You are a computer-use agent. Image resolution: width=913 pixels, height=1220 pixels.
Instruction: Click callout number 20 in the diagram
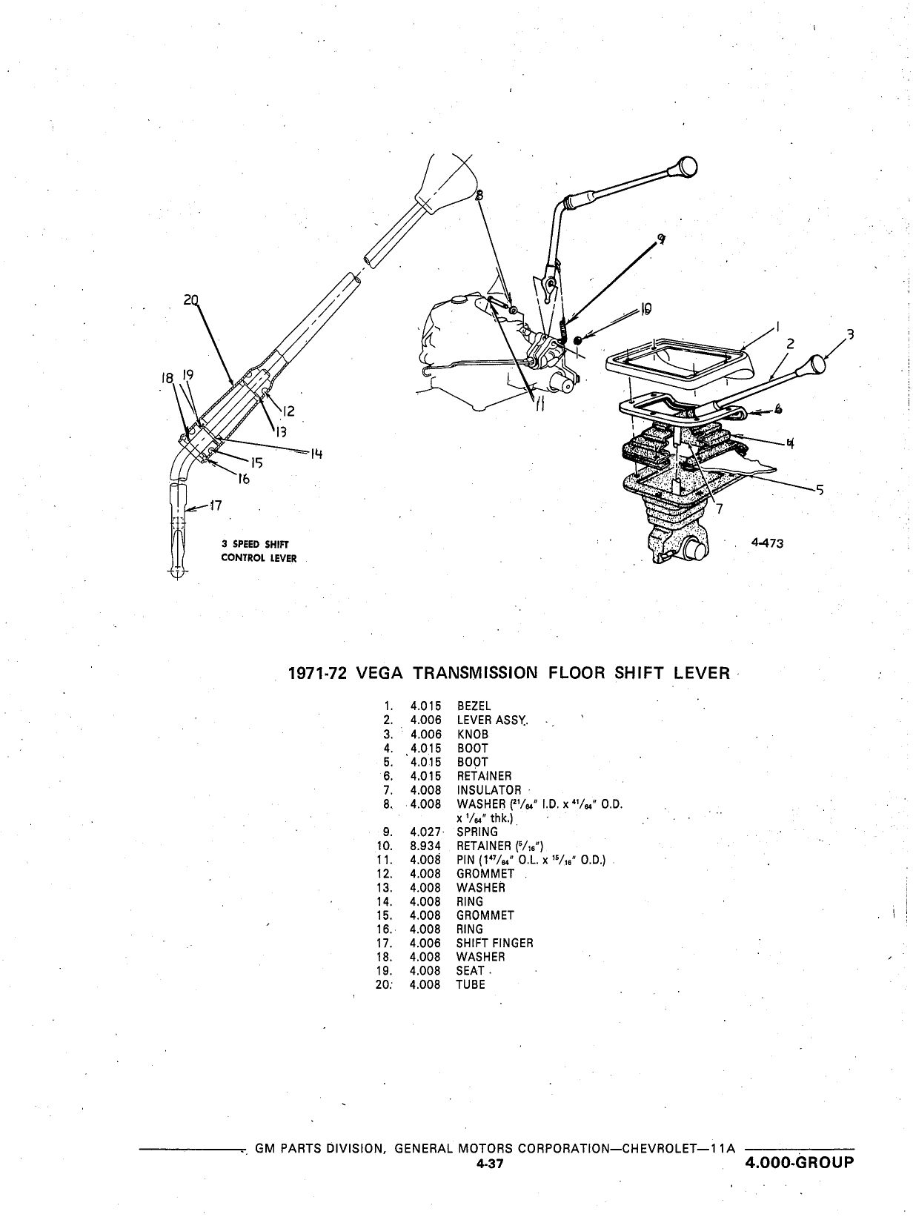pos(190,300)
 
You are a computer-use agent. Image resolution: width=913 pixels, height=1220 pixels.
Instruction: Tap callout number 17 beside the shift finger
pos(215,505)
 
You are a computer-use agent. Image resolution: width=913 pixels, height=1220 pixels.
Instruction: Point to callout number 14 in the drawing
pos(316,454)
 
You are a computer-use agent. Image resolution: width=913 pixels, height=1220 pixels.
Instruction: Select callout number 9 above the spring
pos(661,239)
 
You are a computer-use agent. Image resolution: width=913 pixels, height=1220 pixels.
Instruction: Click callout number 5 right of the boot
pos(820,490)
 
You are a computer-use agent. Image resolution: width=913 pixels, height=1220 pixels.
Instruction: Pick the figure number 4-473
pos(768,543)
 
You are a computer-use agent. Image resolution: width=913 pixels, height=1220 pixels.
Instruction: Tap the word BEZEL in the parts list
pos(474,706)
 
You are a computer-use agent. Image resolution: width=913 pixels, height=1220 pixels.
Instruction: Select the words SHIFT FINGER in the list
pos(494,944)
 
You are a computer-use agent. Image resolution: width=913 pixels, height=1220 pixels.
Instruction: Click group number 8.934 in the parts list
pos(425,846)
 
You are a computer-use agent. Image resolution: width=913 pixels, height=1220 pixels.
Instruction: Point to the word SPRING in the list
pos(477,832)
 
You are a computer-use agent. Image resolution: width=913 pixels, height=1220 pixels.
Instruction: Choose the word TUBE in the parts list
pos(471,985)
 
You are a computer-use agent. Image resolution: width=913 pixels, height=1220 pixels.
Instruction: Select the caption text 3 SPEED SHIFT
pos(255,544)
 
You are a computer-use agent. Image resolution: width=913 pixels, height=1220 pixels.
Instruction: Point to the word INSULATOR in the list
pos(489,790)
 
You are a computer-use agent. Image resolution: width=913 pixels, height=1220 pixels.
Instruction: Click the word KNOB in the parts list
pos(472,735)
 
